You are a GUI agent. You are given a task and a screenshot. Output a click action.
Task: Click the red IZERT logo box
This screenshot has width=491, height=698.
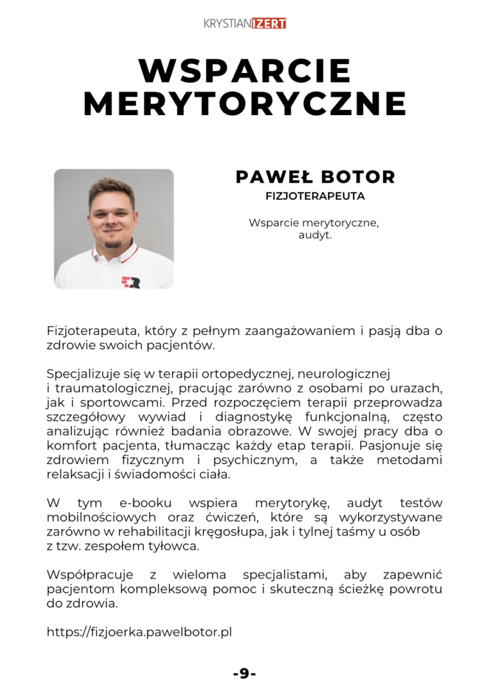click(x=269, y=24)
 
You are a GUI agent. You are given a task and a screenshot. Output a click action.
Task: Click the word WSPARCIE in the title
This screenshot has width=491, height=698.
click(x=245, y=71)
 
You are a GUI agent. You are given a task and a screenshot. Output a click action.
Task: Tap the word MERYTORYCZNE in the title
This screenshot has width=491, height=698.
click(x=245, y=104)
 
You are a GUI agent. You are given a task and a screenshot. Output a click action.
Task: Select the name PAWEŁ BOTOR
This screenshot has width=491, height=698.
click(x=315, y=177)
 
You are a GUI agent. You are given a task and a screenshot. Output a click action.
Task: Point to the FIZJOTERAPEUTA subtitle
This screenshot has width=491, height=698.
click(x=315, y=196)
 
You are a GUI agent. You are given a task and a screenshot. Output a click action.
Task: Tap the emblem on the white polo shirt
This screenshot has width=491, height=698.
click(x=130, y=281)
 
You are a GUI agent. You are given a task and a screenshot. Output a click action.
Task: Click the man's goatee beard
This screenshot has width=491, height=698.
click(x=113, y=244)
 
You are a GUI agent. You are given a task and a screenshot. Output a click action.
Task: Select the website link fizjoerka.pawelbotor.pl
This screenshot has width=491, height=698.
click(x=139, y=632)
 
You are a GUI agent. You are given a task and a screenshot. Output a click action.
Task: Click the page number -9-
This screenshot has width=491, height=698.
click(x=245, y=673)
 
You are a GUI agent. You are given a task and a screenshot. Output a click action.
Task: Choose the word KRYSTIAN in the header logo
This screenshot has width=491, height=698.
click(x=227, y=24)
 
